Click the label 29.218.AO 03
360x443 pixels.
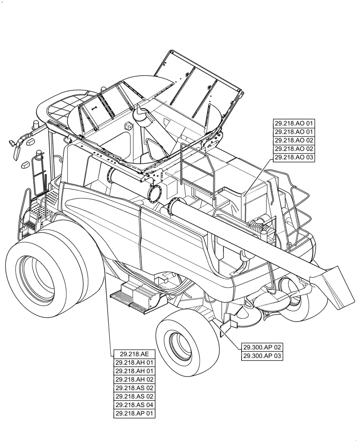pos(293,157)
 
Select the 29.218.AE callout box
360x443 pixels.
pos(134,354)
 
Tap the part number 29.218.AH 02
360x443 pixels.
pos(134,380)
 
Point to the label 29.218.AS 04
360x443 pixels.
pos(134,405)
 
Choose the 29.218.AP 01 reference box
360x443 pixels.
pos(134,414)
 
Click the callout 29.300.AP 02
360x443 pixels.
pos(262,347)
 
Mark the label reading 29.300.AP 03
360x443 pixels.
pos(262,356)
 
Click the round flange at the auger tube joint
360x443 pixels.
pos(155,193)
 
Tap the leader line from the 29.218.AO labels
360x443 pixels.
pos(257,177)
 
